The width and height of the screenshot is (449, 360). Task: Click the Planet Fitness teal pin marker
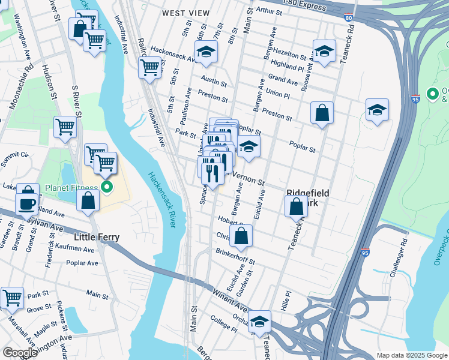click(107, 188)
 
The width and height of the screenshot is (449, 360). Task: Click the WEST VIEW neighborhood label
click(186, 13)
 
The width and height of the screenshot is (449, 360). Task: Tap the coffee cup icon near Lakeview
click(28, 202)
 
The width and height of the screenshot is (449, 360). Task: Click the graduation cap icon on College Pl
click(259, 322)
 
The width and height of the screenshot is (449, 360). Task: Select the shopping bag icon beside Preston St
click(322, 112)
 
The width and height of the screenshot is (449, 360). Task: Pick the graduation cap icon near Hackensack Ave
click(206, 52)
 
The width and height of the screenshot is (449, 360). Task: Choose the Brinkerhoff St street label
click(235, 257)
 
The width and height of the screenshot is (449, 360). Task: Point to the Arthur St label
click(268, 11)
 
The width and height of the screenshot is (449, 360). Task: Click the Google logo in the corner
click(19, 352)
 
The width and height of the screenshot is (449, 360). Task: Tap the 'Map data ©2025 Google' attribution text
click(411, 355)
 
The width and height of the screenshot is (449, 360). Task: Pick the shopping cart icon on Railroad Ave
click(149, 67)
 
